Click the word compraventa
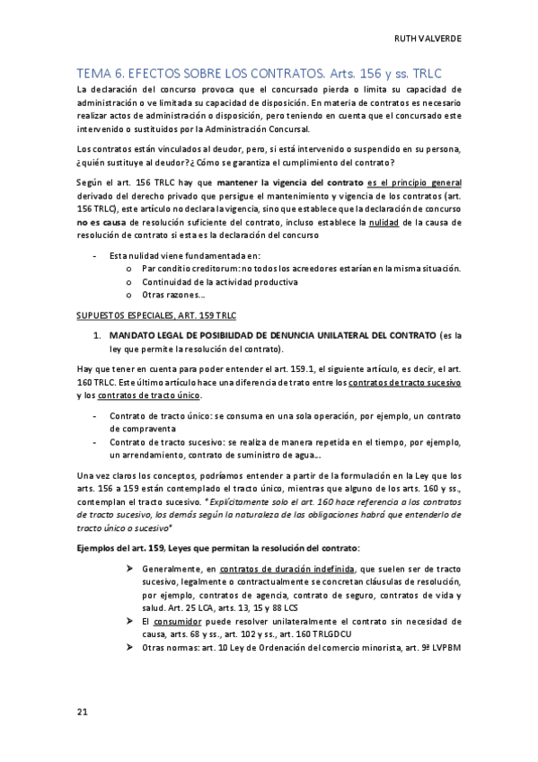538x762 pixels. pos(138,429)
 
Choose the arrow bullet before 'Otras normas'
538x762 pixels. pos(131,648)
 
